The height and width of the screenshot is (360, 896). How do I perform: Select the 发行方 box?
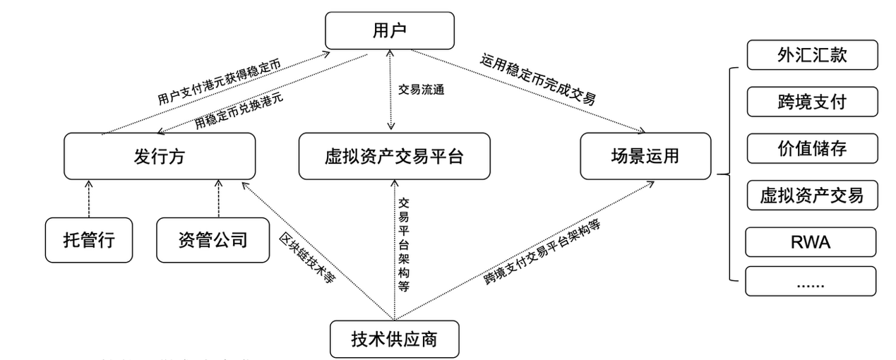pyautogui.click(x=159, y=156)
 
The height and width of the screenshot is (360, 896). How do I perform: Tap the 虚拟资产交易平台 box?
pyautogui.click(x=394, y=156)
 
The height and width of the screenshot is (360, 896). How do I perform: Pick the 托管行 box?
pyautogui.click(x=88, y=240)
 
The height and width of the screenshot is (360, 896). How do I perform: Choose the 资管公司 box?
pyautogui.click(x=213, y=240)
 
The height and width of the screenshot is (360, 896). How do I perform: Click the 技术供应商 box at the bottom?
pyautogui.click(x=394, y=339)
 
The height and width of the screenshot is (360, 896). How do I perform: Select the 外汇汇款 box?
pyautogui.click(x=811, y=55)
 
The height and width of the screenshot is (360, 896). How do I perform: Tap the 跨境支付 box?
pyautogui.click(x=811, y=102)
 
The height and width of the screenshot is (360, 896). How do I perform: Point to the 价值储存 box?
pyautogui.click(x=811, y=148)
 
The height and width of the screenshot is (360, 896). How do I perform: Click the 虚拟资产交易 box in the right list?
pyautogui.click(x=811, y=195)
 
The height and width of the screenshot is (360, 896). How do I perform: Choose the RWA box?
pyautogui.click(x=811, y=242)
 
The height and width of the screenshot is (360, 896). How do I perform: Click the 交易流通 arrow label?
pyautogui.click(x=422, y=90)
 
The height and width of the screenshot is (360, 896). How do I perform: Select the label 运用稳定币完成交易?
pyautogui.click(x=538, y=79)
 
